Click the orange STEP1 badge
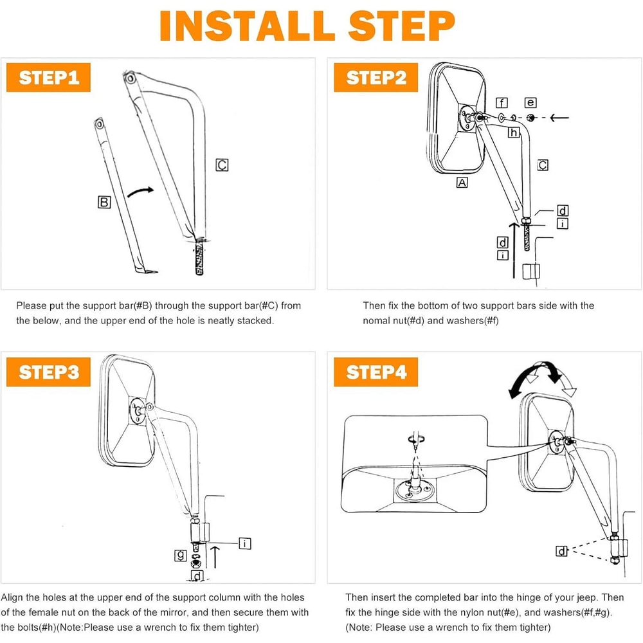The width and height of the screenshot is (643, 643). tap(48, 78)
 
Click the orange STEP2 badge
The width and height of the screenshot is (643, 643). tap(376, 78)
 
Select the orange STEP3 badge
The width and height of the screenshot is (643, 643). tap(48, 372)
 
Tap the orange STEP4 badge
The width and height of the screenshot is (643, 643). tap(376, 372)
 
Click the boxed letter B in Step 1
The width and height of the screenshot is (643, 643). tap(104, 202)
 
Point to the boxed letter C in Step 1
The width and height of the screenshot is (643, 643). tap(222, 165)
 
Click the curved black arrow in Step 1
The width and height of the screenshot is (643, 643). tap(141, 192)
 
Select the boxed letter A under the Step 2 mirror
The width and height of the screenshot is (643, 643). tap(462, 183)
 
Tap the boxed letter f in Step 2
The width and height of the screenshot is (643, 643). tap(502, 102)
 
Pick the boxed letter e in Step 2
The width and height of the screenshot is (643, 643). tap(530, 102)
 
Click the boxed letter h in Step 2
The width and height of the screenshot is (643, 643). tap(513, 132)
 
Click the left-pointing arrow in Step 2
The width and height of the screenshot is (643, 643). tap(559, 118)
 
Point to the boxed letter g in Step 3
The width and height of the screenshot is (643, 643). tap(181, 556)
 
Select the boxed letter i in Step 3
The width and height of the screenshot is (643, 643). tap(245, 544)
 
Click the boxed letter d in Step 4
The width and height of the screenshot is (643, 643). tap(561, 551)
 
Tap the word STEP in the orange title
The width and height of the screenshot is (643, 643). tap(402, 26)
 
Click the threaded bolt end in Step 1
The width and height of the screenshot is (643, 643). tap(200, 257)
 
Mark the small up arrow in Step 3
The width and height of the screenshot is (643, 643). tap(215, 557)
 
